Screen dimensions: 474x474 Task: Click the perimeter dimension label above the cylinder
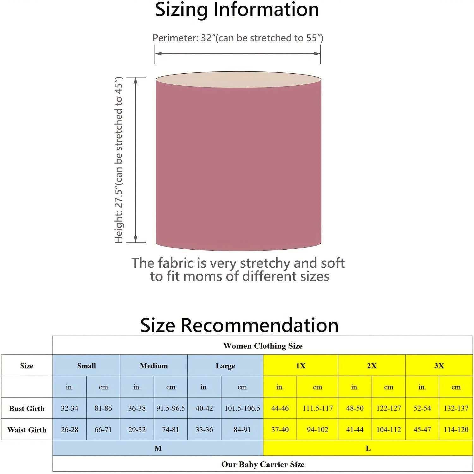pyautogui.click(x=238, y=38)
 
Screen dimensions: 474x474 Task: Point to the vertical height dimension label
pyautogui.click(x=118, y=160)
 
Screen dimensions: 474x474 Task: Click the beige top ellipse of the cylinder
pyautogui.click(x=239, y=79)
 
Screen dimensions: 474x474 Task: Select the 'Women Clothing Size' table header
pyautogui.click(x=263, y=346)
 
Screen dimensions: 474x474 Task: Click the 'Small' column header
pyautogui.click(x=86, y=366)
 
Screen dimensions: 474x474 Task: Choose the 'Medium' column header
pyautogui.click(x=154, y=366)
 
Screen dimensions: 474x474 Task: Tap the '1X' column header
pyautogui.click(x=301, y=366)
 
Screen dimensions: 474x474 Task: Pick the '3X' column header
pyautogui.click(x=439, y=366)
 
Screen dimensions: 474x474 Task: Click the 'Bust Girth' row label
pyautogui.click(x=27, y=408)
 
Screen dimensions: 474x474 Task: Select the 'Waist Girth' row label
pyautogui.click(x=27, y=430)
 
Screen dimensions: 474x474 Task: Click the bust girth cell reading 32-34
pyautogui.click(x=70, y=408)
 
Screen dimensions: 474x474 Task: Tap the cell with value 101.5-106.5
pyautogui.click(x=242, y=408)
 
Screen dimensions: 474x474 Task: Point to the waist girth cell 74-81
pyautogui.click(x=171, y=430)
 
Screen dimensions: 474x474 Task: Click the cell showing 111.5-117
pyautogui.click(x=318, y=408)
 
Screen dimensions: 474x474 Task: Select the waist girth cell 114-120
pyautogui.click(x=456, y=430)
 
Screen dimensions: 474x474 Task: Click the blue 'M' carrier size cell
pyautogui.click(x=158, y=448)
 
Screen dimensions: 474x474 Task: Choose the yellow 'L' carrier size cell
pyautogui.click(x=368, y=448)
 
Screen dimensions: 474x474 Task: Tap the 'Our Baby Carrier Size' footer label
pyautogui.click(x=263, y=464)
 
